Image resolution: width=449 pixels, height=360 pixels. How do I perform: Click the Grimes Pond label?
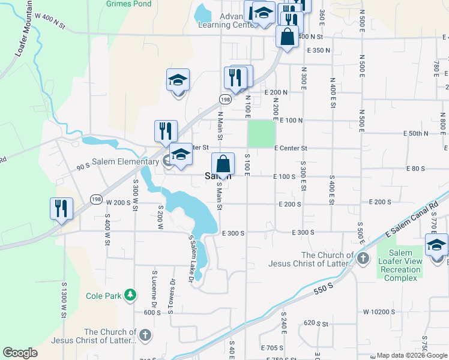pos(129,3)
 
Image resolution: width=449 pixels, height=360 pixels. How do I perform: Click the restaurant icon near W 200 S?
pos(61,208)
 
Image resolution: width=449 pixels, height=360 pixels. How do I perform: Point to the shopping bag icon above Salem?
pos(223,163)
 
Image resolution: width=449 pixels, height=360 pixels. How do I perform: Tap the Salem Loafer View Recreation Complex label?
pos(400,265)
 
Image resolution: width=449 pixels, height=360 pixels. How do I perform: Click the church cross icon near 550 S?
pos(363,258)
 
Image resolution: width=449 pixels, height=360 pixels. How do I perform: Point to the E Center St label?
pos(291,148)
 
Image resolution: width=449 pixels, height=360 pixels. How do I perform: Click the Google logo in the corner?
pos(20,353)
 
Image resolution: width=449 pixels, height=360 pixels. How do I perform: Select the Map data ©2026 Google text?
pos(412,355)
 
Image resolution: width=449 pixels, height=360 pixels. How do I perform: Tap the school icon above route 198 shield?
pos(178,80)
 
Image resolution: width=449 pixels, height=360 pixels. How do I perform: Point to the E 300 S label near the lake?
pos(234,233)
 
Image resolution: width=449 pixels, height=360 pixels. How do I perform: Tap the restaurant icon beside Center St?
pos(165,131)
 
